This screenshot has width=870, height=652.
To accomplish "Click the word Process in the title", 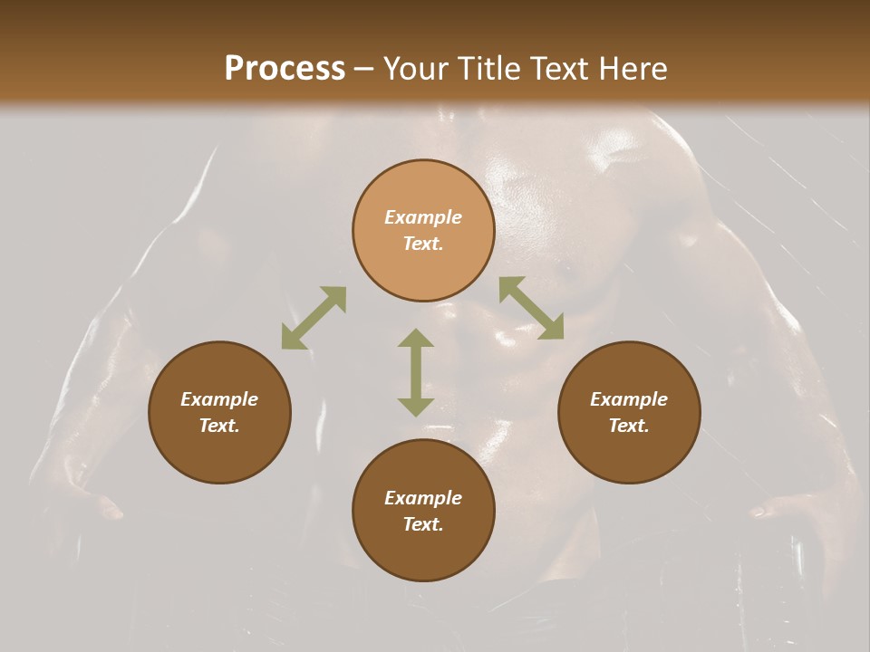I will point(285,69).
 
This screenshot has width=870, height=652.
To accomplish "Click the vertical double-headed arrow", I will point(416,372).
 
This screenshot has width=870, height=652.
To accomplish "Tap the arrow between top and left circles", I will point(314,318).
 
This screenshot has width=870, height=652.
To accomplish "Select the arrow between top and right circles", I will point(531,308).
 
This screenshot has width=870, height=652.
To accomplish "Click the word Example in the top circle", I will point(423,217).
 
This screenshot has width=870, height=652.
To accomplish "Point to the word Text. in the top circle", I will point(423,244).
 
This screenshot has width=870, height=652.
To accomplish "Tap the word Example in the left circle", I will point(219,399).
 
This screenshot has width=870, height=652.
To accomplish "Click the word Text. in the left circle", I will point(219,426).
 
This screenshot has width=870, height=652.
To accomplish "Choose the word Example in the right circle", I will point(629,399).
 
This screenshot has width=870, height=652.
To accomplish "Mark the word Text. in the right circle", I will point(629,426).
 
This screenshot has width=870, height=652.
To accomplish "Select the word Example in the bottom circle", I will point(423,498).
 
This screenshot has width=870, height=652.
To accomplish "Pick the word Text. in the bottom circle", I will point(423,524).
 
